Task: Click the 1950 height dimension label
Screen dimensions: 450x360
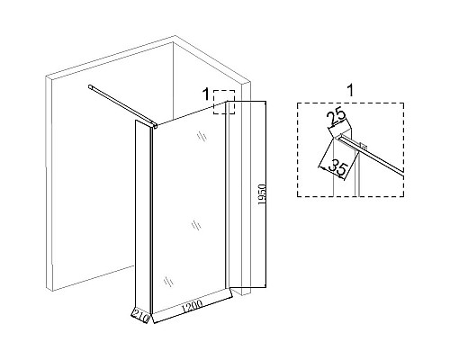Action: [262, 194]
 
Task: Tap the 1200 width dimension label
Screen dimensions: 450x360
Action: [191, 306]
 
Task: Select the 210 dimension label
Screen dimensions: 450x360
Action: [140, 316]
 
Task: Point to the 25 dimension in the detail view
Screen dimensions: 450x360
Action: [336, 118]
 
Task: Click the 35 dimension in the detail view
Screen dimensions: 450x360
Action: [338, 168]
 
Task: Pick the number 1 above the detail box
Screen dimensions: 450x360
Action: [350, 90]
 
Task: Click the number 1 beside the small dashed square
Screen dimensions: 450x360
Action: [206, 94]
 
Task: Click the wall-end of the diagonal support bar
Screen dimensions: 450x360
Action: [90, 87]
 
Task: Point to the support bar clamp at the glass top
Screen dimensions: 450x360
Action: [154, 125]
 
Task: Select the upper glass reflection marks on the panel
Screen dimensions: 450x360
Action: [202, 137]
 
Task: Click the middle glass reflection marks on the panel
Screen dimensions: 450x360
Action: [196, 225]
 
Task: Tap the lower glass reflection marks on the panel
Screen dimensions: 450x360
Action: [168, 282]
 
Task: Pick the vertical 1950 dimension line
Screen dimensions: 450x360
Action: [265, 194]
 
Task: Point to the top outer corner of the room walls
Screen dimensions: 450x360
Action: [175, 36]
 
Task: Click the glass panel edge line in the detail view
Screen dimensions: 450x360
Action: [372, 155]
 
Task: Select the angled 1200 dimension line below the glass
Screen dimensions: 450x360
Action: [193, 310]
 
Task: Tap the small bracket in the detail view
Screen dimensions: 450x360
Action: [364, 147]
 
